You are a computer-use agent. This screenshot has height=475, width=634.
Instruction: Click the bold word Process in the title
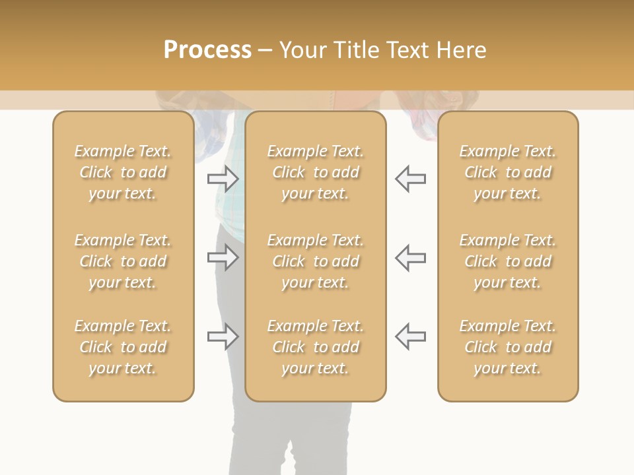[207, 50]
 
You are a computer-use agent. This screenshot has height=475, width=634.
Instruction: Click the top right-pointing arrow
[223, 179]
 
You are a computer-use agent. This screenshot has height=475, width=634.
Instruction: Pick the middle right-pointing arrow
[223, 257]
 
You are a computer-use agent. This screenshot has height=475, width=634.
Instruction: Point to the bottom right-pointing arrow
[223, 336]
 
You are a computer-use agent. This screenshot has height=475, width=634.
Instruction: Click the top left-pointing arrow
[411, 179]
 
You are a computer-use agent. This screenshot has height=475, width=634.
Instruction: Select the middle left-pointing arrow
[411, 257]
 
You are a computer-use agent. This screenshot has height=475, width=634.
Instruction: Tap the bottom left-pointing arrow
[411, 336]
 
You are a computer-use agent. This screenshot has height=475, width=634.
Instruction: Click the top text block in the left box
[123, 172]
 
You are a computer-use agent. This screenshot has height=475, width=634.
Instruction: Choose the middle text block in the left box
[123, 261]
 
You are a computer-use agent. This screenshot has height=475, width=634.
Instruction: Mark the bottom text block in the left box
[123, 347]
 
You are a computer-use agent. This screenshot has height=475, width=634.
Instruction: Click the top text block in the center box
[316, 172]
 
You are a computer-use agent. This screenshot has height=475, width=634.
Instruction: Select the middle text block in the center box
[316, 261]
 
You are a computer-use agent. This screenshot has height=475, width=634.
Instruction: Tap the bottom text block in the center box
[316, 347]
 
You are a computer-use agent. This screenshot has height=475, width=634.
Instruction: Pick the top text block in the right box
[508, 172]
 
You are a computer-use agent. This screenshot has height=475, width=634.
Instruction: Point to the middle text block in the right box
[508, 261]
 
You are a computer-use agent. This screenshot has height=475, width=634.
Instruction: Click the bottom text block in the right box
[508, 347]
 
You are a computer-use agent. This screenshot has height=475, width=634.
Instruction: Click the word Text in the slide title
[409, 50]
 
